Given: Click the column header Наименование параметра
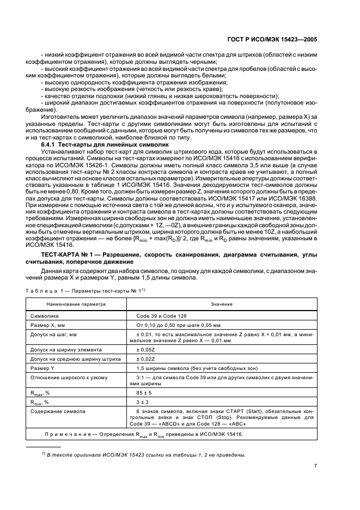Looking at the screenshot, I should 76,303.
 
